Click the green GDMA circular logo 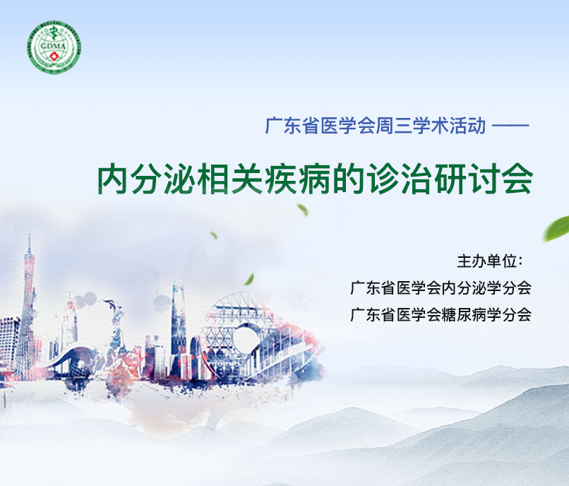[54, 47]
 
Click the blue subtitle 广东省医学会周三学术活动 [376, 126]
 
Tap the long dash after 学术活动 [510, 126]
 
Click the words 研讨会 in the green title [484, 179]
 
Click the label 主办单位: [490, 261]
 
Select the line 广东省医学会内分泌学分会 [441, 288]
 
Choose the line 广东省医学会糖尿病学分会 [441, 314]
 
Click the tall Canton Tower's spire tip [30, 235]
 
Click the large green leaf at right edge [557, 228]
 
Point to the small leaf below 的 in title [303, 210]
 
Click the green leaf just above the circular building [249, 279]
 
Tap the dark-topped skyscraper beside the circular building [179, 319]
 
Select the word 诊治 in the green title [399, 179]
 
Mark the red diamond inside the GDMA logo [55, 57]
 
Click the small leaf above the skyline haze [214, 235]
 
